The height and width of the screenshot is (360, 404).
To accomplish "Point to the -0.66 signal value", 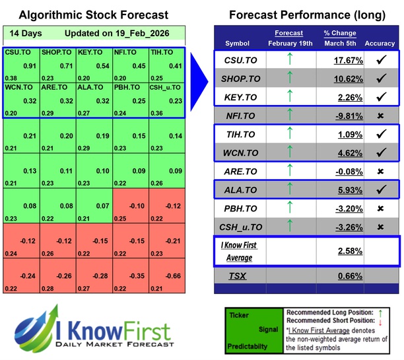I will point(175,276).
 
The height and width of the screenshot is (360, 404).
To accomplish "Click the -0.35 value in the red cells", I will point(139,276).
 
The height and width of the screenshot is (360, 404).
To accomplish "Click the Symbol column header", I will point(238,44).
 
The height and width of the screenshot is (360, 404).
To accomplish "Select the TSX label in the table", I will point(238,275).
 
